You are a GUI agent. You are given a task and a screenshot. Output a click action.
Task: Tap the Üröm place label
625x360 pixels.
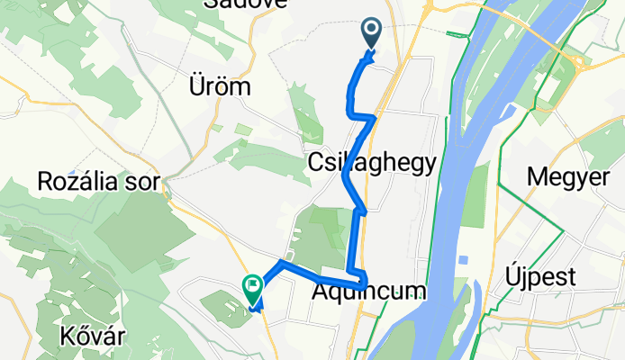click(x=220, y=88)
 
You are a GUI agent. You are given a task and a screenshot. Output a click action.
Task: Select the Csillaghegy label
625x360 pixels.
click(x=372, y=163)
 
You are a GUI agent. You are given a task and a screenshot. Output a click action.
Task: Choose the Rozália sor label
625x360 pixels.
click(x=99, y=182)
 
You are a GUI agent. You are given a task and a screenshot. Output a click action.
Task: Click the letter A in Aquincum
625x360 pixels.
click(x=322, y=292)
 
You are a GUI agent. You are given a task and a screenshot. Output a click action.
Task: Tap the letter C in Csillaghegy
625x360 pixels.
click(x=317, y=163)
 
